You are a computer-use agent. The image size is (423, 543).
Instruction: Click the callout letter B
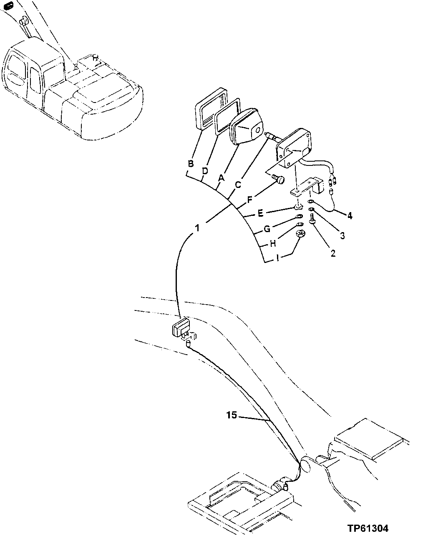(x=191, y=164)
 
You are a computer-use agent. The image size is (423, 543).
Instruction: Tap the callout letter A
(x=221, y=178)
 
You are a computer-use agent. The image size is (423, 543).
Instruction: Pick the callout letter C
(x=238, y=185)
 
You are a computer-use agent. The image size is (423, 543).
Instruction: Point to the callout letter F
(x=249, y=200)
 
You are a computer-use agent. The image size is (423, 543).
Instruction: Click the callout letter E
(x=260, y=213)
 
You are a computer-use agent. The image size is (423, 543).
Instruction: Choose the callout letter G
(x=267, y=229)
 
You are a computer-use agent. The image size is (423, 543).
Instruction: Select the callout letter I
(x=278, y=258)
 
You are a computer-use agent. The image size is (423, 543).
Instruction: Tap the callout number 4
(x=350, y=216)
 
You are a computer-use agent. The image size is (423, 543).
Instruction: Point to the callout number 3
(x=342, y=236)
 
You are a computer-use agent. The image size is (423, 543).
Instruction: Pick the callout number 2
(x=332, y=253)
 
